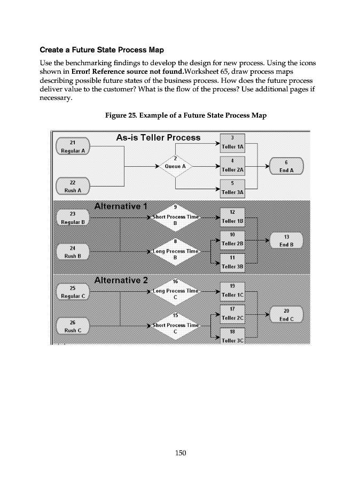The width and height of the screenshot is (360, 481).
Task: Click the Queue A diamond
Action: click(176, 166)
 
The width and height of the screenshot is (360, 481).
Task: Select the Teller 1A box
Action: click(232, 143)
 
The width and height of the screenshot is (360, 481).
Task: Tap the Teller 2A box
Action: click(232, 166)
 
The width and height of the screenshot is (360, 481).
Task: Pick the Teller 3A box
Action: click(232, 188)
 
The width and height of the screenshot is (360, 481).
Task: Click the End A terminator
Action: click(287, 166)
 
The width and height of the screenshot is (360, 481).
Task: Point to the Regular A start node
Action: click(73, 146)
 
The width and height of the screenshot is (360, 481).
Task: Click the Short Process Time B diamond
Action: click(175, 217)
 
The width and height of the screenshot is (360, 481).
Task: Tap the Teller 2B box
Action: click(232, 240)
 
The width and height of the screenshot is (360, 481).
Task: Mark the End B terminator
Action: click(287, 241)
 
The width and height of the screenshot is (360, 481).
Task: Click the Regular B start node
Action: click(73, 218)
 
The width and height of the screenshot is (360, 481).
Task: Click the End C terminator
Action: click(287, 315)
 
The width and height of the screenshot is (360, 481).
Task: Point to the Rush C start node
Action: click(73, 326)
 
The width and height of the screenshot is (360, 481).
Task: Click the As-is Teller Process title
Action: click(158, 138)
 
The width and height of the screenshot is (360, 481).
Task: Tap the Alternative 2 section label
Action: click(120, 280)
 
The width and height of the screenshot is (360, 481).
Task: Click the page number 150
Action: click(180, 453)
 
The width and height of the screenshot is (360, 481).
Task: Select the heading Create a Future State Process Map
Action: click(101, 50)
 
